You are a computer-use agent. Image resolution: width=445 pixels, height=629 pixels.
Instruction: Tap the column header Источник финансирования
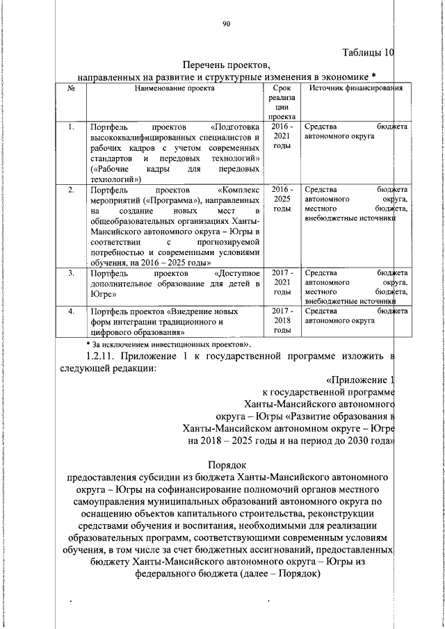tap(356, 88)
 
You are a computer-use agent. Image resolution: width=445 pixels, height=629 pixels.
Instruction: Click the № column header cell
tap(71, 88)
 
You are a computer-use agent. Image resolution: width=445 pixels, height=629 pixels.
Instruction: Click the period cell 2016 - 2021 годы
tap(282, 136)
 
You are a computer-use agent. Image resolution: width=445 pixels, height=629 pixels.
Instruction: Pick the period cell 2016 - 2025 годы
tap(282, 199)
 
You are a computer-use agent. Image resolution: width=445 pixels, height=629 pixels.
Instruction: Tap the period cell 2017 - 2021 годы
tap(282, 283)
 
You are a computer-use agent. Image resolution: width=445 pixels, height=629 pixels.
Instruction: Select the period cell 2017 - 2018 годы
tap(282, 321)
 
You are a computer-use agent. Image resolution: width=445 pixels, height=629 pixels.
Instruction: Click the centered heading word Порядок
tap(226, 464)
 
